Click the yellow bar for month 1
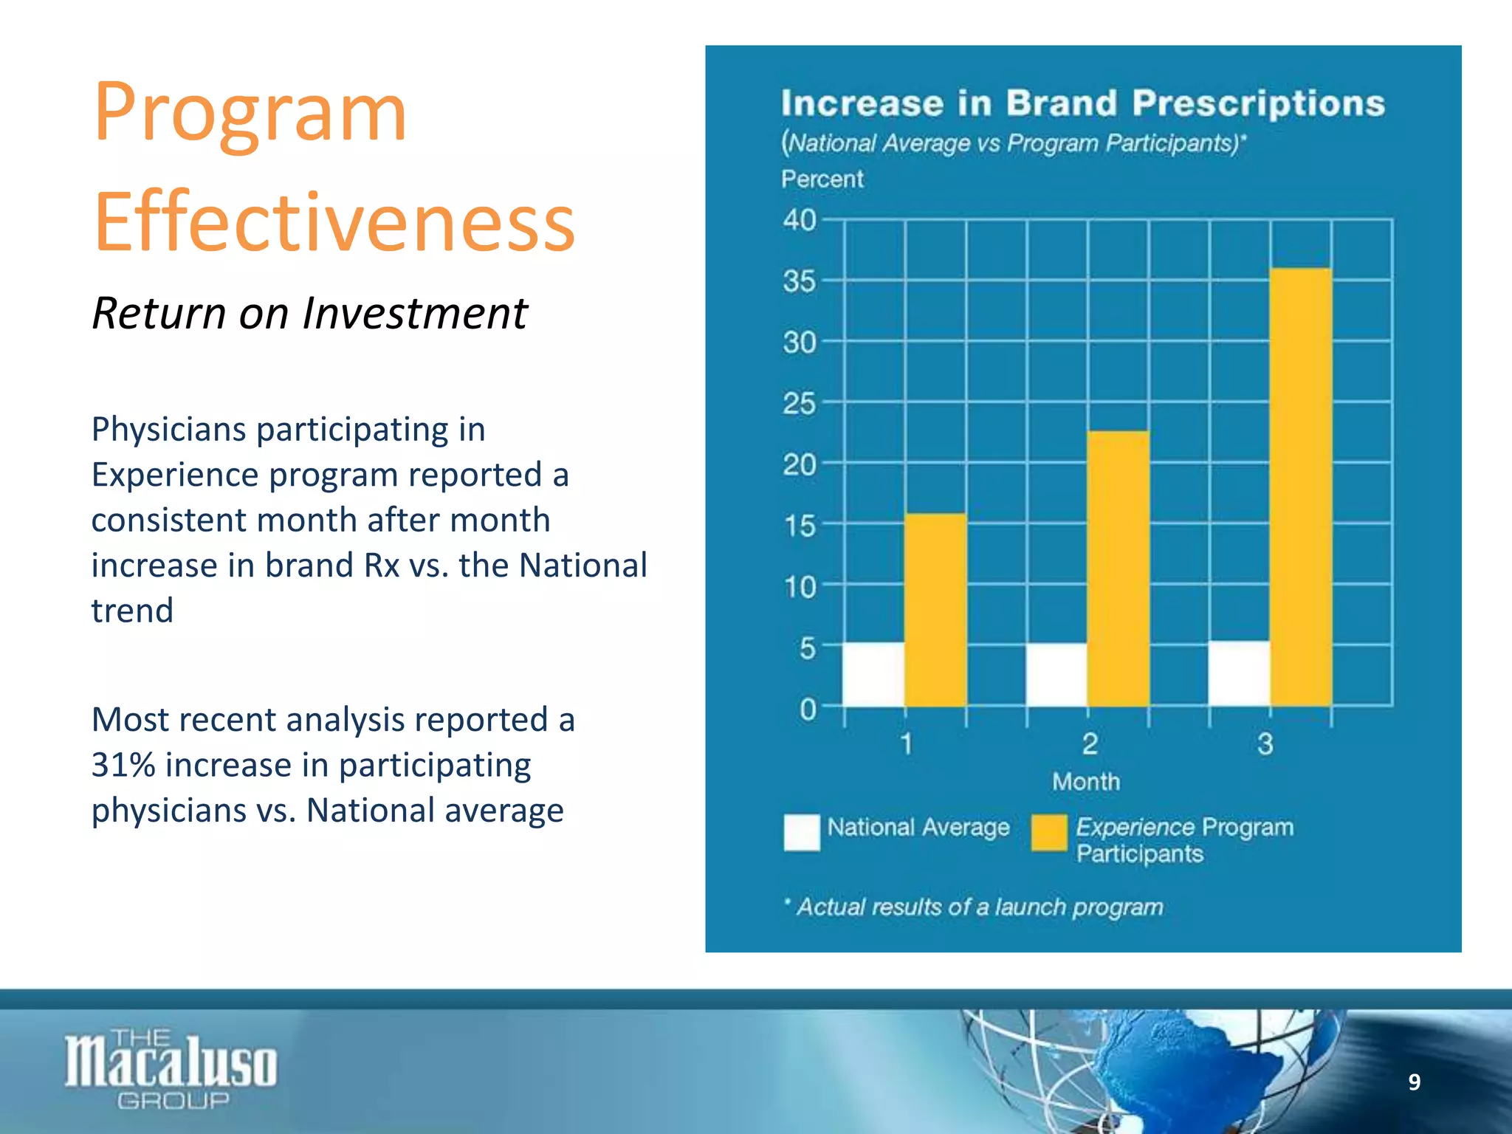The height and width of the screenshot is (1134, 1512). click(935, 610)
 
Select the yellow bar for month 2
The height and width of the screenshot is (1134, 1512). click(1118, 568)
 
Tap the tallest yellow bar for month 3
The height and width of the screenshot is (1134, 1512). click(1301, 487)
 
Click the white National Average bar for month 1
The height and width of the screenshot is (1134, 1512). click(873, 675)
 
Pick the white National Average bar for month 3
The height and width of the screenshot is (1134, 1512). click(1239, 673)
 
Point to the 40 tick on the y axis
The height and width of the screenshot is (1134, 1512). click(800, 220)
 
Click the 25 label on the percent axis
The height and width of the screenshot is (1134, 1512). click(800, 404)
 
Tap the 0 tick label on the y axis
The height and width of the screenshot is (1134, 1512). click(808, 709)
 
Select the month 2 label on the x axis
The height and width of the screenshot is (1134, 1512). click(1090, 744)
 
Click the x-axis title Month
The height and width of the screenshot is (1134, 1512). click(1086, 782)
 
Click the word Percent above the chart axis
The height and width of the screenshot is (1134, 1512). click(822, 179)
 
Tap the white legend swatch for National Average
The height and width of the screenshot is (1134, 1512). click(802, 833)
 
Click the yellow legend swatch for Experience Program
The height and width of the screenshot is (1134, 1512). click(1049, 833)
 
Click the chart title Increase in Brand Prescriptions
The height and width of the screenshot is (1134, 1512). click(1082, 103)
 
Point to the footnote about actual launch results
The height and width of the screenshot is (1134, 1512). click(975, 907)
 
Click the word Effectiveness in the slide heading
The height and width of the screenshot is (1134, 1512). click(334, 222)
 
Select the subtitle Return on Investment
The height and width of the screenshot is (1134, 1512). click(309, 313)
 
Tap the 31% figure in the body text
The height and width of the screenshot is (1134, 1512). click(123, 766)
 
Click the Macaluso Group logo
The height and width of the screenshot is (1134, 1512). click(171, 1068)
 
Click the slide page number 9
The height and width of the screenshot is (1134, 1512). click(1414, 1082)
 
